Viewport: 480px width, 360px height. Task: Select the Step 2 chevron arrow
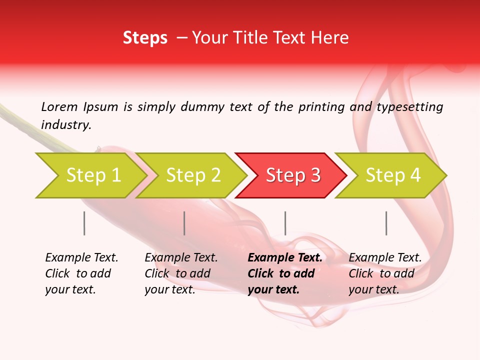click(x=192, y=175)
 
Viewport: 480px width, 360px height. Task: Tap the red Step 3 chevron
click(x=292, y=175)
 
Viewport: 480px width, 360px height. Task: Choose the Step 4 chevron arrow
click(x=392, y=175)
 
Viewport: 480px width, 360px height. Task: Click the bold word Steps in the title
click(x=145, y=38)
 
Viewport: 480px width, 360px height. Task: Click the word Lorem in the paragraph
click(x=59, y=106)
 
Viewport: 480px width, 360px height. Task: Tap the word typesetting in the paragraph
click(x=409, y=106)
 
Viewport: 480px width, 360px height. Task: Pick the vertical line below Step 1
click(x=84, y=223)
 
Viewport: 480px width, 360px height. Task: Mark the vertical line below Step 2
click(x=184, y=223)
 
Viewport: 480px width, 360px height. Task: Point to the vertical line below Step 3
click(x=285, y=223)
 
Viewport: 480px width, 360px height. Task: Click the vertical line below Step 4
click(x=386, y=223)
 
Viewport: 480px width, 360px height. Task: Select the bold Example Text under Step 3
click(x=285, y=258)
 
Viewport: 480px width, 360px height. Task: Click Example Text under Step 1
click(x=81, y=258)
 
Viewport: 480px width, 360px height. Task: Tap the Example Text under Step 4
click(x=385, y=258)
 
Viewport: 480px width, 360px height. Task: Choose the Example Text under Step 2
click(x=181, y=258)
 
